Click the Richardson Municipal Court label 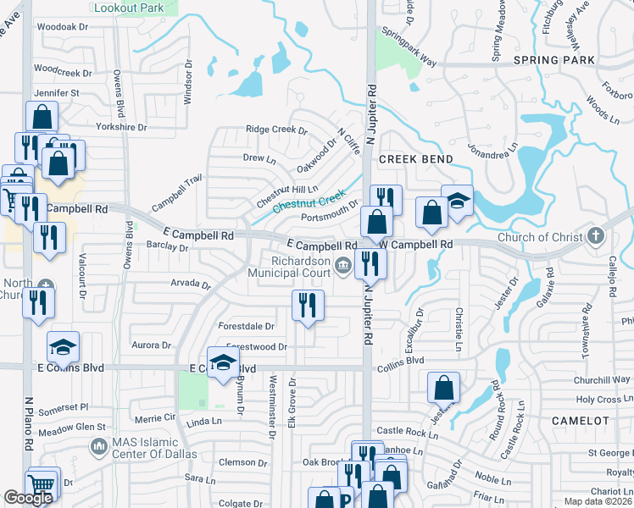point(288,266)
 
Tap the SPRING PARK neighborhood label point(554,61)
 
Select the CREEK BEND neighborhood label point(416,159)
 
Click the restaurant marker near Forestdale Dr point(308,305)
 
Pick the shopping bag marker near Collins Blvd point(444,389)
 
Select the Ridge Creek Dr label point(275,130)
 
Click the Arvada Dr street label point(189,284)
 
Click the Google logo point(28,498)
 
